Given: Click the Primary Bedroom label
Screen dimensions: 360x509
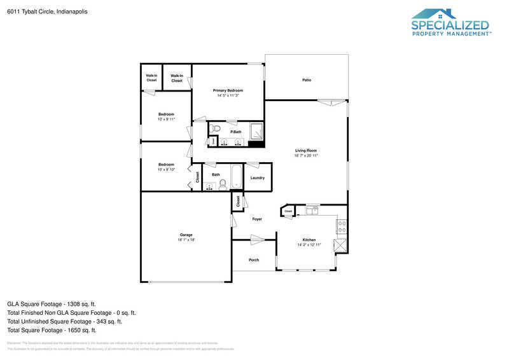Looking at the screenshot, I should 228,91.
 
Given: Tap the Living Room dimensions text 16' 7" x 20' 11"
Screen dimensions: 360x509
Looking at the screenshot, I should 305,155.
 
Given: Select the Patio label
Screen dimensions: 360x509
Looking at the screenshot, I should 306,80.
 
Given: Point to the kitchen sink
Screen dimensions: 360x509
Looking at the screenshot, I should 312,209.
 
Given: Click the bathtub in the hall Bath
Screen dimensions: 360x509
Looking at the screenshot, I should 237,176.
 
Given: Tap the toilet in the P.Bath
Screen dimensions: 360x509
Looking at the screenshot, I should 215,129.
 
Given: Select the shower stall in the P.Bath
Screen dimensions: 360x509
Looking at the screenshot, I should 256,132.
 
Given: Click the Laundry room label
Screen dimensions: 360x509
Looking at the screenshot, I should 257,177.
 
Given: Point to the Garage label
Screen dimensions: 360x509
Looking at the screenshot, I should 186,235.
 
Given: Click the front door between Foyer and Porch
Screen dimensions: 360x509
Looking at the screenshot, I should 257,240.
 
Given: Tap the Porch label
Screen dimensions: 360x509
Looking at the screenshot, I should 254,260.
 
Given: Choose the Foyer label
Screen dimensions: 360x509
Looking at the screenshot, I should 257,219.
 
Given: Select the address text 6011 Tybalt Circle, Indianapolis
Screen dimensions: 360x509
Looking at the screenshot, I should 48,11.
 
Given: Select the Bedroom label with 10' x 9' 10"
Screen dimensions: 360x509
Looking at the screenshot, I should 166,164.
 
